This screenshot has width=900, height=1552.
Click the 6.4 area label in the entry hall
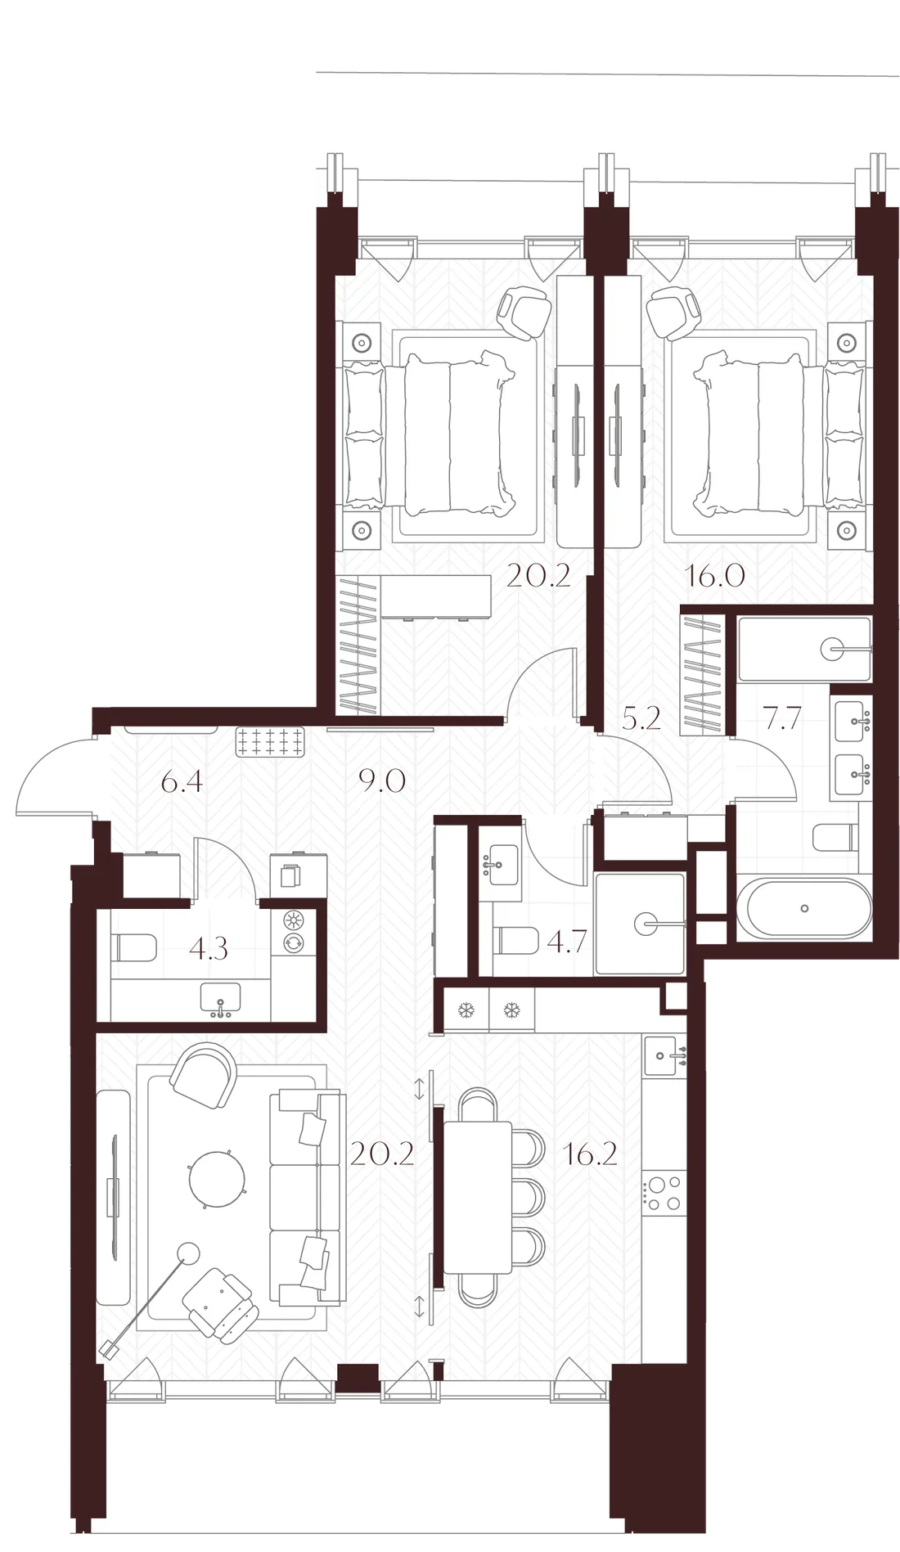(x=181, y=783)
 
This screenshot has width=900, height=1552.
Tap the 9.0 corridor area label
(x=383, y=783)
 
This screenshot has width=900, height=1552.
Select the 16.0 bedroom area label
(x=714, y=577)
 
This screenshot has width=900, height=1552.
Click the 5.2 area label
(x=640, y=719)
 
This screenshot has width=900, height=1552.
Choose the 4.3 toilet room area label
(x=208, y=950)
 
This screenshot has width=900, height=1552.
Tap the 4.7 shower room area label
(x=565, y=942)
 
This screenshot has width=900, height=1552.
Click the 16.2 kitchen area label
(x=590, y=1154)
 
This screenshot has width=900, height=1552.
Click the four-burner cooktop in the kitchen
(x=664, y=1192)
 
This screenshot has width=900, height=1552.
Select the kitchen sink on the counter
(x=664, y=1056)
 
